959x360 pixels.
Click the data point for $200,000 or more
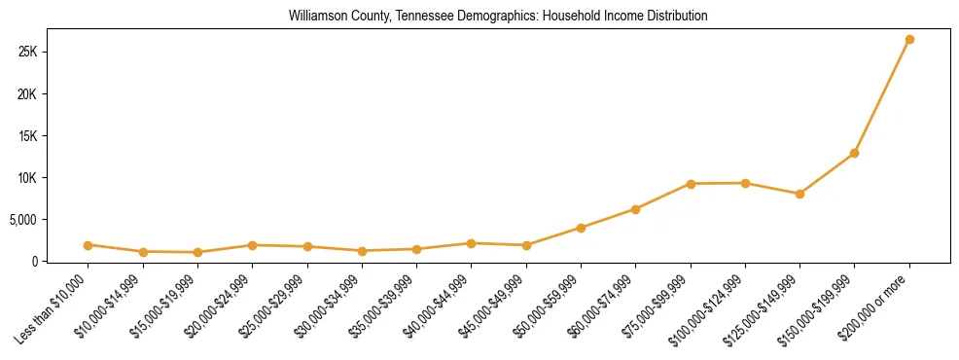(x=908, y=40)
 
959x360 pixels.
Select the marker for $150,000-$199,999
(x=854, y=153)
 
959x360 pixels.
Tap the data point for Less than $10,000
(x=89, y=245)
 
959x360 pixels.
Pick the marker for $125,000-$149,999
(x=799, y=194)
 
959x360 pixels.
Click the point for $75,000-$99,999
(x=691, y=184)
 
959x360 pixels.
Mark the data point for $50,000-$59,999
(x=581, y=228)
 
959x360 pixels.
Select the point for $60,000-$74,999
(x=635, y=209)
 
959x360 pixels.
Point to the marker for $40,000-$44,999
(x=471, y=243)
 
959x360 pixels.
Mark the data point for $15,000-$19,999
(x=197, y=252)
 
